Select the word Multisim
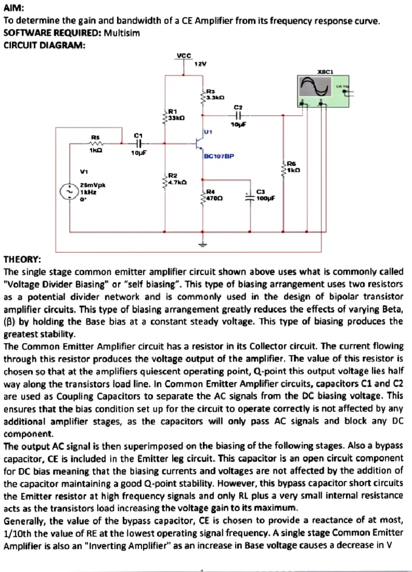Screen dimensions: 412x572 coord(122,33)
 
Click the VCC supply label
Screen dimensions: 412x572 coord(184,55)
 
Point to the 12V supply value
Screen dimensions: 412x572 coord(201,64)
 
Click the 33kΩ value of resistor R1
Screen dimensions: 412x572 coord(176,118)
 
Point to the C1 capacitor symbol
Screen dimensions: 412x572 coord(139,143)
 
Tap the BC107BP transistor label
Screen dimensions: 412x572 coord(219,156)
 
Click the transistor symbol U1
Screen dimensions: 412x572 coord(199,144)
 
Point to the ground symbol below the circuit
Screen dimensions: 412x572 coord(203,245)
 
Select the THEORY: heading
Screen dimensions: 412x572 coord(22,259)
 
